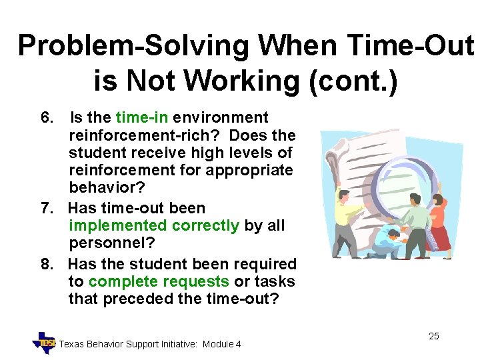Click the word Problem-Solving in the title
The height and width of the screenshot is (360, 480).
click(133, 45)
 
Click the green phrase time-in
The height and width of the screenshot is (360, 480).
click(142, 118)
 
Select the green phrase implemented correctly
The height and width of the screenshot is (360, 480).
click(153, 226)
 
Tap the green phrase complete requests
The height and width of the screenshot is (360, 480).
click(158, 282)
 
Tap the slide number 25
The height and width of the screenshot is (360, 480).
click(433, 336)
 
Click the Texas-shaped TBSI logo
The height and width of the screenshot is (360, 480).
click(45, 342)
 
